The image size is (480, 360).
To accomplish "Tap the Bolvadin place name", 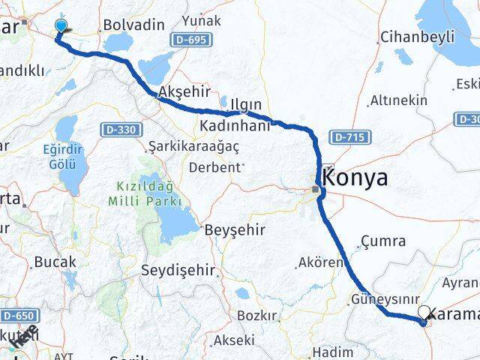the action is coord(133,25).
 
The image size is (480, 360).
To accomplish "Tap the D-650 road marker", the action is coord(15,316).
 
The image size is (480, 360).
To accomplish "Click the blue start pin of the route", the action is coord(61,26).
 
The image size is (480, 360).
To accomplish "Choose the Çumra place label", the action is coord(382,241).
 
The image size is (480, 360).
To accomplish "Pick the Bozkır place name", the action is coord(256,315).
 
